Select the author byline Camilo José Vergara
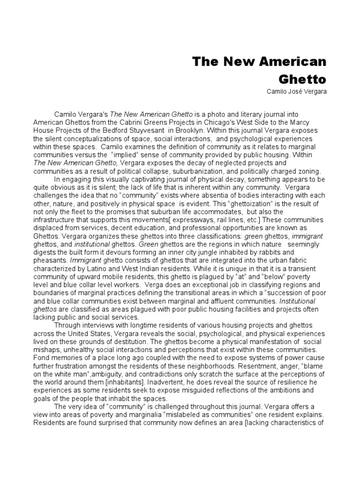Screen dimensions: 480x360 pos(295,91)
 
